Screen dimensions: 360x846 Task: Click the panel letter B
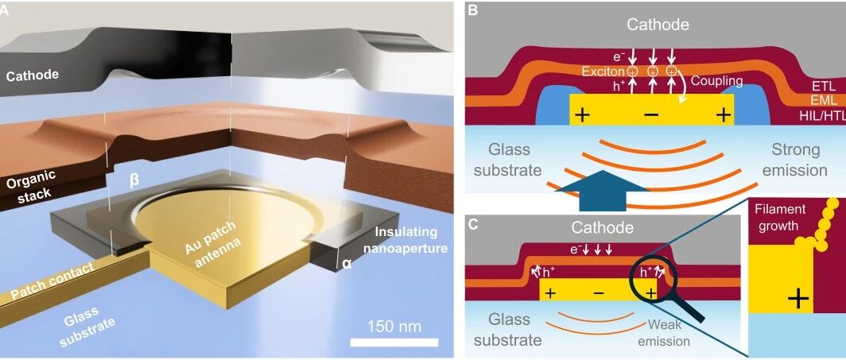point(472,10)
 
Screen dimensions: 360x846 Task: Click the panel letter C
point(472,224)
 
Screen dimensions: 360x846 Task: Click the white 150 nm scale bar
point(394,343)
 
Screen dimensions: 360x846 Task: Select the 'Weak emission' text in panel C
point(668,333)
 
